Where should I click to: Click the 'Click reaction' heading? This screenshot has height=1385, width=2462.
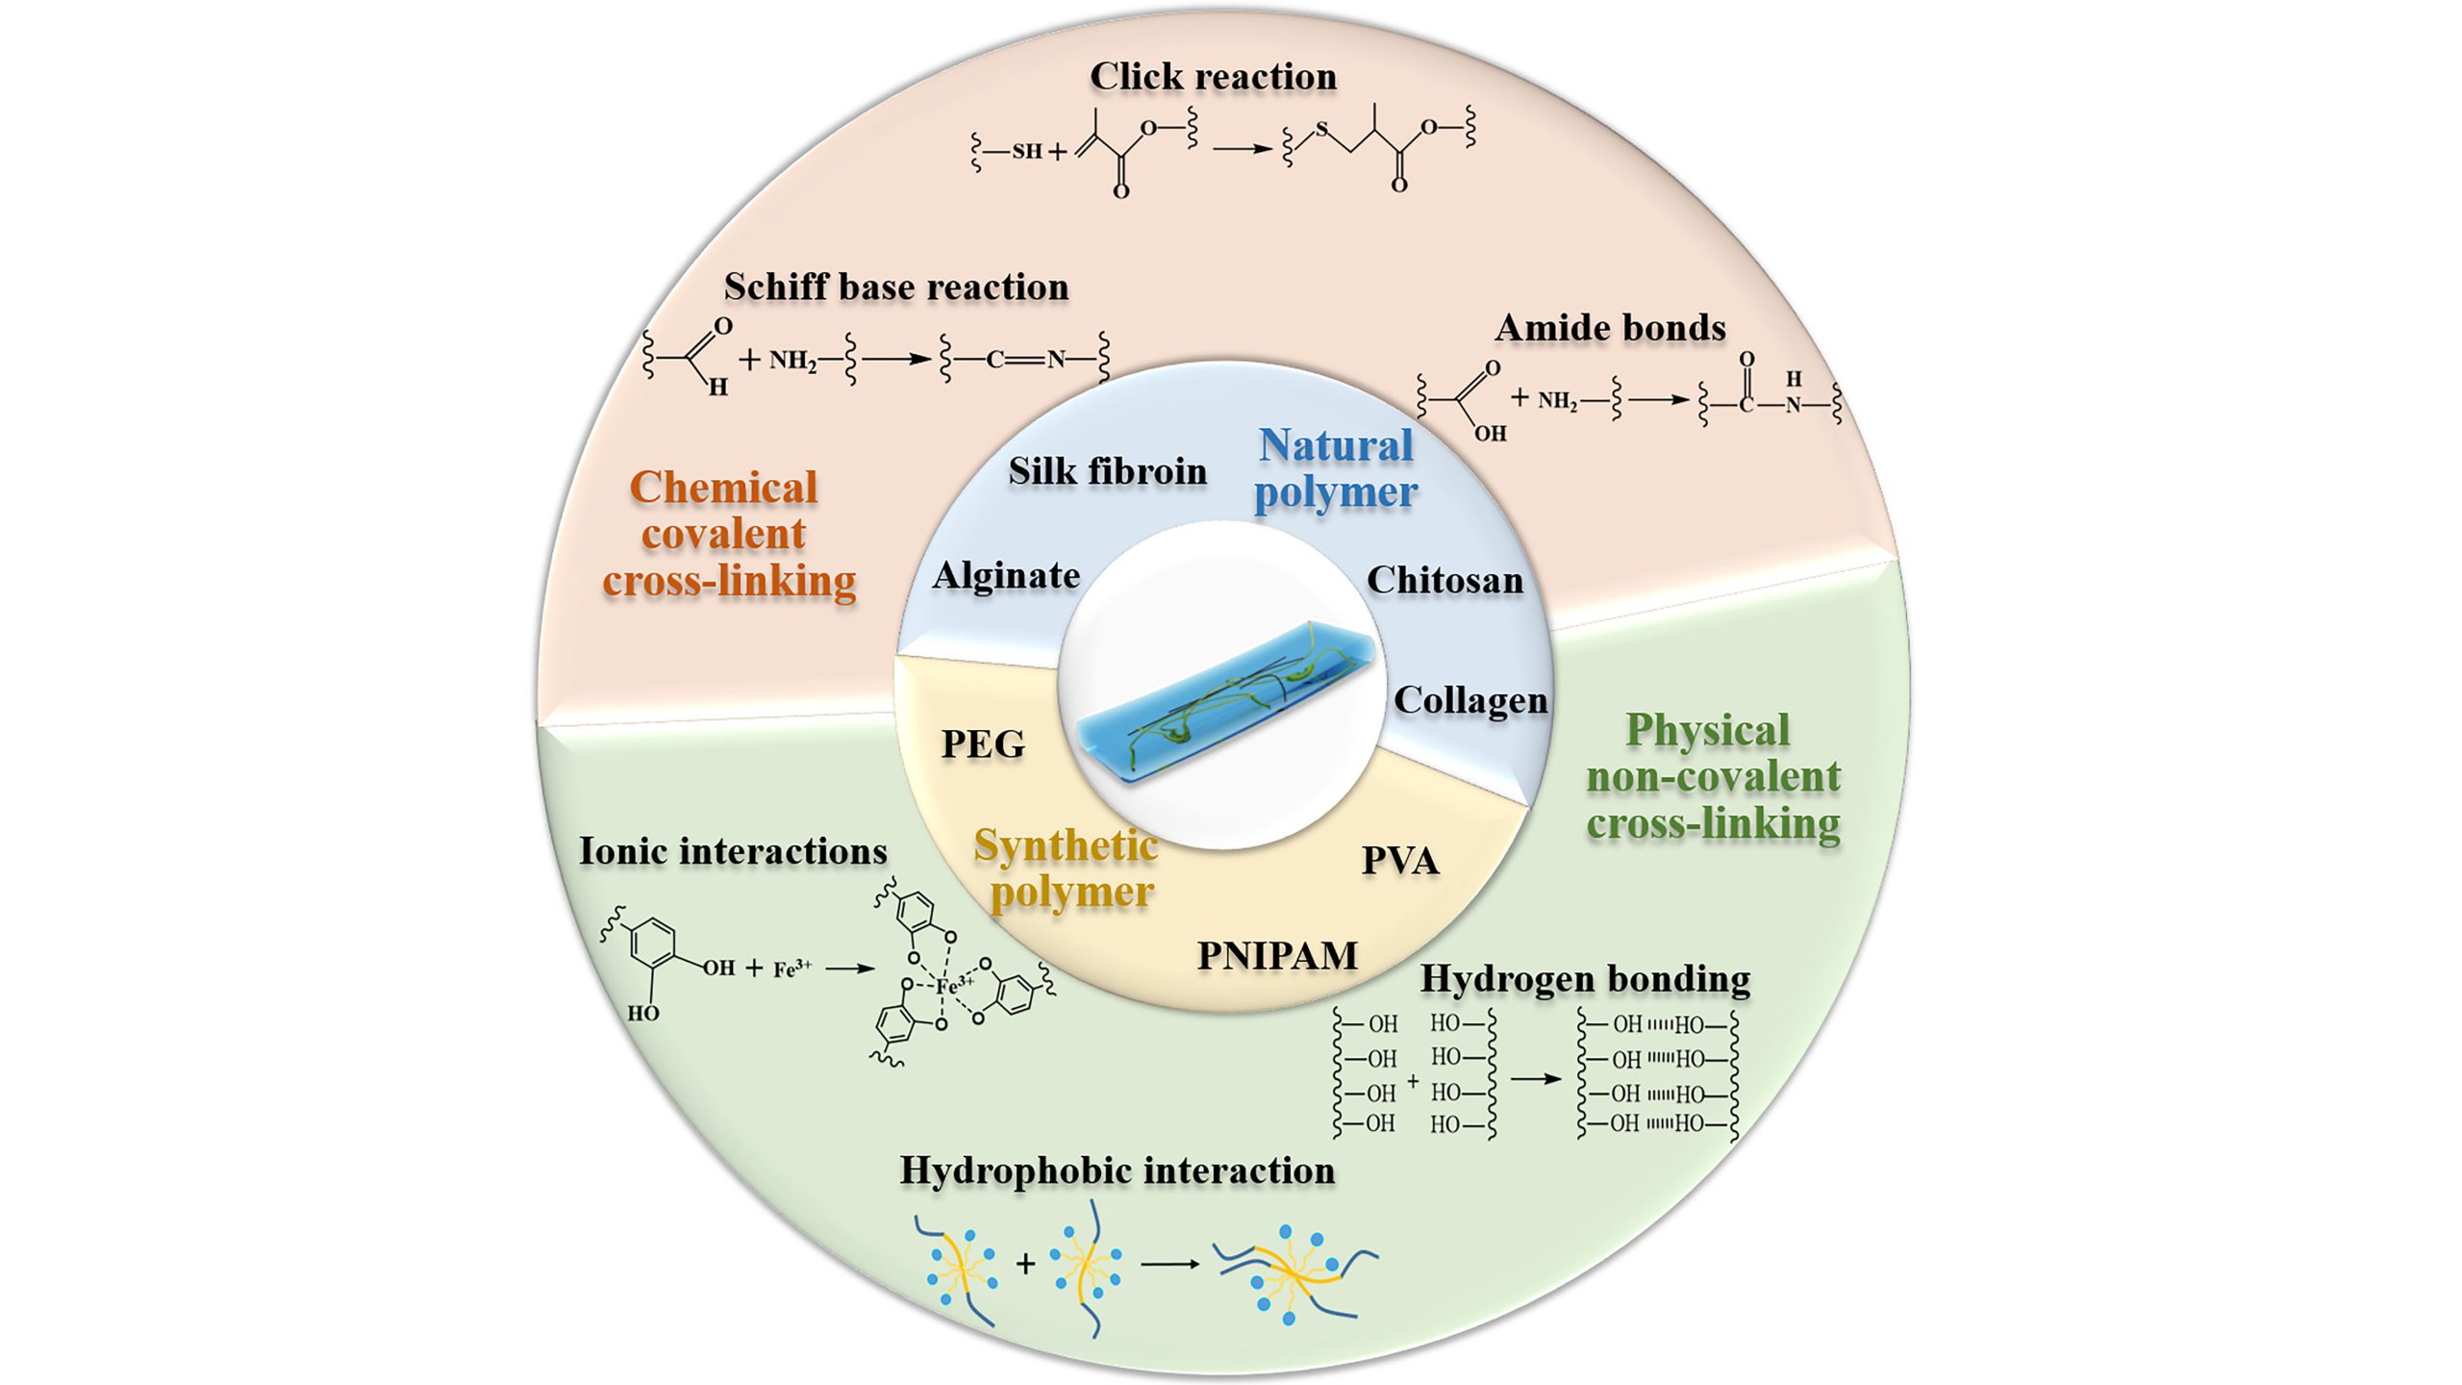click(1213, 77)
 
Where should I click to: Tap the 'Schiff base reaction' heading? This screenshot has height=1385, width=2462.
click(895, 287)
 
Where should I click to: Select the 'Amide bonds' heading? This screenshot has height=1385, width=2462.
click(1610, 328)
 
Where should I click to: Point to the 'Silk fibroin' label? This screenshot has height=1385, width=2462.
click(1107, 471)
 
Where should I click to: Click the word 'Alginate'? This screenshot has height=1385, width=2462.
click(1006, 575)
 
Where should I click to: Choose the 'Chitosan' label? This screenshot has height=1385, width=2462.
click(1445, 580)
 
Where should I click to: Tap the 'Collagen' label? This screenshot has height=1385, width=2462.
click(1470, 700)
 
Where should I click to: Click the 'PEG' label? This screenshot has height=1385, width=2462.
click(983, 743)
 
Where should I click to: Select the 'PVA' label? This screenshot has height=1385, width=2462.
click(1400, 861)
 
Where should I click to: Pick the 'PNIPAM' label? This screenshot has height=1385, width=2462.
click(1277, 955)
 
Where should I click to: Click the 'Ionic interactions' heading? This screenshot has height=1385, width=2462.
click(733, 851)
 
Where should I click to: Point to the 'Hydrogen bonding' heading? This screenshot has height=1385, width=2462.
click(1585, 979)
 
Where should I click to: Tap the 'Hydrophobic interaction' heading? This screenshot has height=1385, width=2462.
click(1118, 1171)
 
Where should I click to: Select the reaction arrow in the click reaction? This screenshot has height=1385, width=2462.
click(1242, 149)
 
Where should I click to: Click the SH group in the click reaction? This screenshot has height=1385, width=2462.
click(1026, 151)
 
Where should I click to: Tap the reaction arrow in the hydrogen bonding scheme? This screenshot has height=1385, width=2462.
click(1536, 1078)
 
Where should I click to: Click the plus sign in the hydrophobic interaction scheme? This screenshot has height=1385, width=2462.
click(1025, 1263)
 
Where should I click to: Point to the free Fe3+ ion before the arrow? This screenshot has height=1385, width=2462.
click(792, 969)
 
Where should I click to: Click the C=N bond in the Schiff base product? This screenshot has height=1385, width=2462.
click(1025, 360)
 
